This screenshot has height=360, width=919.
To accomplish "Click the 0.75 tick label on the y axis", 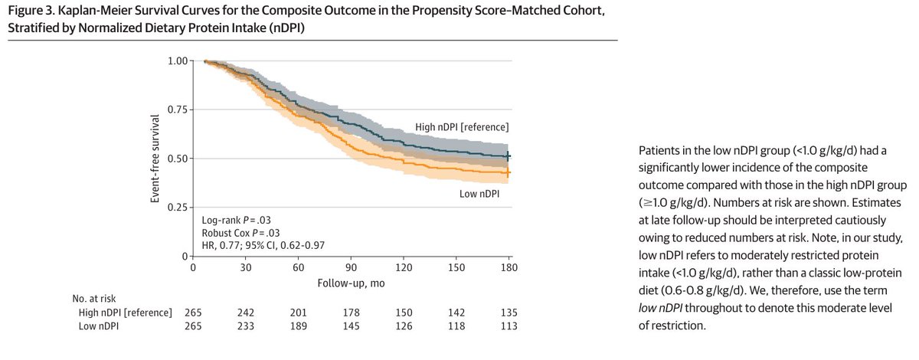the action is pyautogui.click(x=178, y=110).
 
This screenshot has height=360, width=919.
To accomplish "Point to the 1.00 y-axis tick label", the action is pyautogui.click(x=178, y=61).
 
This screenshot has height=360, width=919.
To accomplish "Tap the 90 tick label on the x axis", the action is pyautogui.click(x=351, y=267).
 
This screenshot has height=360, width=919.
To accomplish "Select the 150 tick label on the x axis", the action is pyautogui.click(x=456, y=267).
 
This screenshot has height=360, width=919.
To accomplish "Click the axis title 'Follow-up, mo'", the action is pyautogui.click(x=351, y=283).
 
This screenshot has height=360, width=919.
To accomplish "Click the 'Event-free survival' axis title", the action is pyautogui.click(x=155, y=159).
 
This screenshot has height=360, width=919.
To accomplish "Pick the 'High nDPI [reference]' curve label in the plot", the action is pyautogui.click(x=462, y=127).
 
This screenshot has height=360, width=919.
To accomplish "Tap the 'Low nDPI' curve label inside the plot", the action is pyautogui.click(x=479, y=194).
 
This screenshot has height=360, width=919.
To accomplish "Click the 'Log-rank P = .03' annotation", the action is pyautogui.click(x=237, y=220).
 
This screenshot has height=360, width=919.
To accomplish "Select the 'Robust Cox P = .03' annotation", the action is pyautogui.click(x=240, y=233).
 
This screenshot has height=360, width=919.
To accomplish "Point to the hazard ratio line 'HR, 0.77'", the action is pyautogui.click(x=216, y=245).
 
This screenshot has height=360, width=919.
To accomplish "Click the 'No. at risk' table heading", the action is pyautogui.click(x=94, y=299).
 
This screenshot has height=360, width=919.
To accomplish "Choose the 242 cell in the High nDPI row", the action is pyautogui.click(x=245, y=313).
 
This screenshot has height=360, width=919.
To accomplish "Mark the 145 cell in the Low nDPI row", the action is pyautogui.click(x=352, y=326).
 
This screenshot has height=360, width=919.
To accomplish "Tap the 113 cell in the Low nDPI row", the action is pyautogui.click(x=509, y=326).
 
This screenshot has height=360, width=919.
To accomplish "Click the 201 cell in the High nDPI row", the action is pyautogui.click(x=298, y=313).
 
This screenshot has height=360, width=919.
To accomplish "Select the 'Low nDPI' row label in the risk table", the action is pyautogui.click(x=99, y=326).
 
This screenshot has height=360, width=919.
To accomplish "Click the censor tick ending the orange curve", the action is pyautogui.click(x=508, y=173).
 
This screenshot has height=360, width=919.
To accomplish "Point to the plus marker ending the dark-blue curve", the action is pyautogui.click(x=508, y=156).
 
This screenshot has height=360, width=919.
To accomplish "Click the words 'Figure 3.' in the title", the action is pyautogui.click(x=31, y=10).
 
